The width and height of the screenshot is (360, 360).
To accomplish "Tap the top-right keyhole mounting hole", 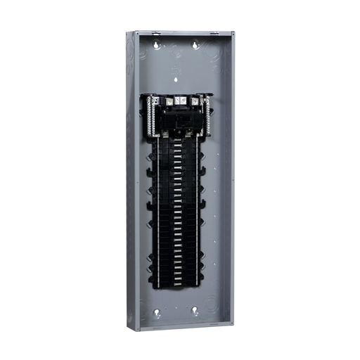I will (195, 45).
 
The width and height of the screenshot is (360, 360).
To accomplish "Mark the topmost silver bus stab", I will (179, 139).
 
